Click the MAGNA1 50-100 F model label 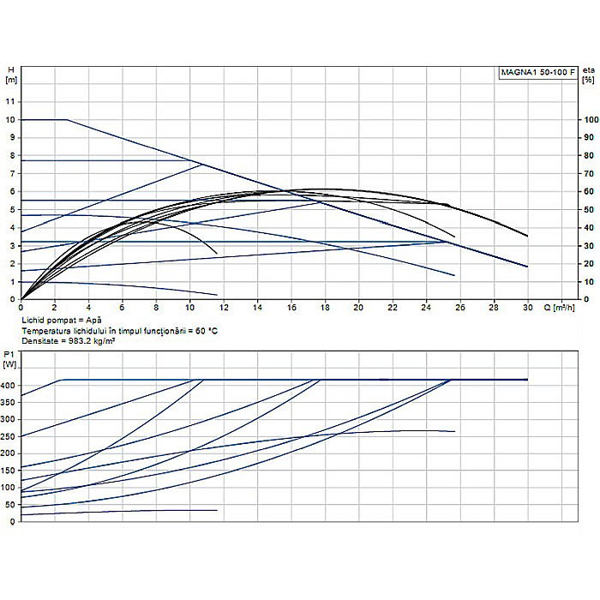pyautogui.click(x=537, y=72)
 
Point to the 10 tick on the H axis pyautogui.click(x=11, y=119)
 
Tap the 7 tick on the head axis pyautogui.click(x=11, y=173)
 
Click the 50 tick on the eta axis pyautogui.click(x=588, y=209)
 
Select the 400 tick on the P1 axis pyautogui.click(x=9, y=386)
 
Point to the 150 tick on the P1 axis pyautogui.click(x=9, y=470)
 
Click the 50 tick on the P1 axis pyautogui.click(x=11, y=504)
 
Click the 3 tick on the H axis pyautogui.click(x=11, y=245)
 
